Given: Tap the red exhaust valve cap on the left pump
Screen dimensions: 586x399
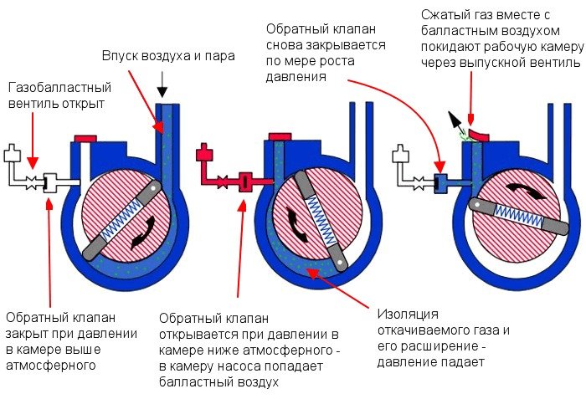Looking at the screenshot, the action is coord(85,139).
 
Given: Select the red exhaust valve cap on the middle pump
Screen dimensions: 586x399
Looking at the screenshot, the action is coord(280,136).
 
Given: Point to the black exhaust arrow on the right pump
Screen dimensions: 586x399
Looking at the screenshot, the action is coord(455,120).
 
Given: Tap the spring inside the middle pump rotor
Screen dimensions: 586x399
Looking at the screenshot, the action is coord(321,222).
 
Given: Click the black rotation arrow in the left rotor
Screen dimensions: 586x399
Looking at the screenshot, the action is coord(144,233).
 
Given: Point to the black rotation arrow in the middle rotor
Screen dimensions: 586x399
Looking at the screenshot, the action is coord(296,224).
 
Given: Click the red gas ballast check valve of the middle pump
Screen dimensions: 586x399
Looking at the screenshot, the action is coord(245,182).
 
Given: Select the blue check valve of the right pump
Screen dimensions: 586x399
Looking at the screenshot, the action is coord(440,183).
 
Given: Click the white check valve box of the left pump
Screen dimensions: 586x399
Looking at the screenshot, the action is coord(50,183).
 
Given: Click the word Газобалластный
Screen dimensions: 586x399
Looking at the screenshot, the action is coord(59,88).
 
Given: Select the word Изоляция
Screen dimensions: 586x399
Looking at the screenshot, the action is coord(408,315).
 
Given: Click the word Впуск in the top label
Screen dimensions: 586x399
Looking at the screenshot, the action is coord(118,56).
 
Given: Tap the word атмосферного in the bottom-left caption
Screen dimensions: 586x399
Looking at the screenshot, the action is coord(51,365).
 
